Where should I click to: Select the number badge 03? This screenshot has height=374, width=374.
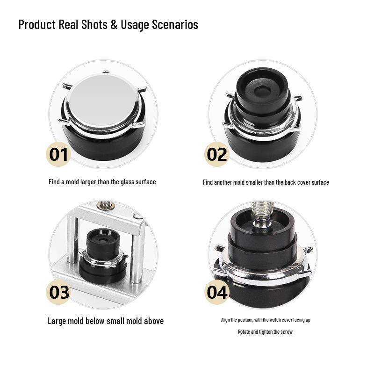pyautogui.click(x=59, y=292)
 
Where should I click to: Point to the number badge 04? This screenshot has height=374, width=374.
pyautogui.click(x=217, y=292)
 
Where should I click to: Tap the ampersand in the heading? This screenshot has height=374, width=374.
pyautogui.click(x=114, y=24)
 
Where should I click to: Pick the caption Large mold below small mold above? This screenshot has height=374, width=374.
pyautogui.click(x=106, y=321)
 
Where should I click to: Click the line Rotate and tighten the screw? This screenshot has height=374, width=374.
pyautogui.click(x=265, y=332)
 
